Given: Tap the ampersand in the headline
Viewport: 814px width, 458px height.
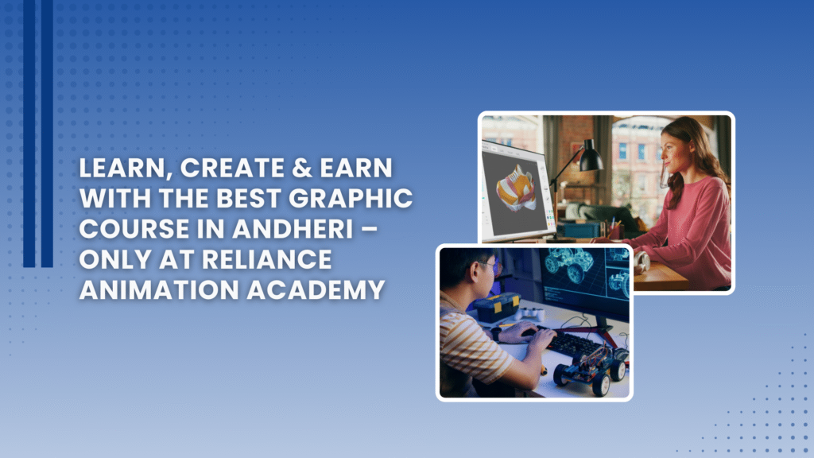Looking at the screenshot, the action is pyautogui.click(x=302, y=169).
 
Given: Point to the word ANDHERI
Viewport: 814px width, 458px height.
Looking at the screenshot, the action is pyautogui.click(x=293, y=229).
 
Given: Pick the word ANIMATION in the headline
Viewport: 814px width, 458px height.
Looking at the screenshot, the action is pyautogui.click(x=159, y=289).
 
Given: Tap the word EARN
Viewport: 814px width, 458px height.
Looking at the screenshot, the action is pyautogui.click(x=356, y=169).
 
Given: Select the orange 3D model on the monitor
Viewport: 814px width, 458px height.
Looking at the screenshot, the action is pyautogui.click(x=515, y=188).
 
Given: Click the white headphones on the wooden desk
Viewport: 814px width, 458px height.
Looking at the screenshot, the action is pyautogui.click(x=642, y=261).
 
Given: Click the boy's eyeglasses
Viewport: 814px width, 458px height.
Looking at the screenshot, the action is pyautogui.click(x=492, y=267).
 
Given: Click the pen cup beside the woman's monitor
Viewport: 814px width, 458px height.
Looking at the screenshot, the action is pyautogui.click(x=615, y=231).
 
